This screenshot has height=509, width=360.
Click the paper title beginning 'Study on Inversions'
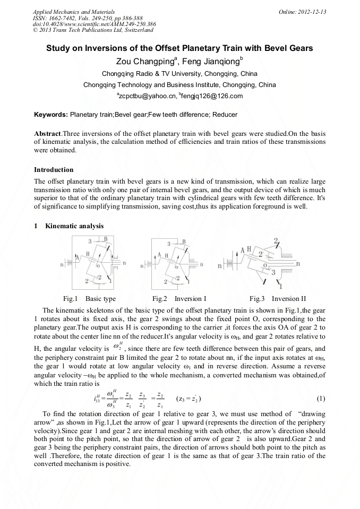179,48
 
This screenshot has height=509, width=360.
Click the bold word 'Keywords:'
51,114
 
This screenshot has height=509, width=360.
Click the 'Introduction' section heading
54,170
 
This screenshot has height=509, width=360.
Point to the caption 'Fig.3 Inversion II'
278,299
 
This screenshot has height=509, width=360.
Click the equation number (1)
320,399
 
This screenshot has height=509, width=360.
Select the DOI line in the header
94,24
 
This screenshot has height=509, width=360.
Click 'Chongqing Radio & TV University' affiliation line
179,74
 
